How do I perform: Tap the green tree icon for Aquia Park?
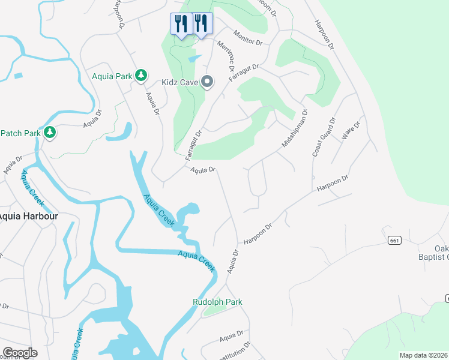pos(141,75)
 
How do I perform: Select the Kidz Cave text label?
pos(179,82)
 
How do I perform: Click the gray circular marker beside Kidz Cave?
pos(207,82)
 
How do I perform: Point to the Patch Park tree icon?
pos(50,132)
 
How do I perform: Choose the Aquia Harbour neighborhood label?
pos(23,216)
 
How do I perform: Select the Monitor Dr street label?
pos(249,38)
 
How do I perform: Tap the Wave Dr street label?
pos(351,130)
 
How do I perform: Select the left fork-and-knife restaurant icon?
pos(181,24)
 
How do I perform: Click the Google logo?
pos(19,353)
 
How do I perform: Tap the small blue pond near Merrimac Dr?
pos(194,59)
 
